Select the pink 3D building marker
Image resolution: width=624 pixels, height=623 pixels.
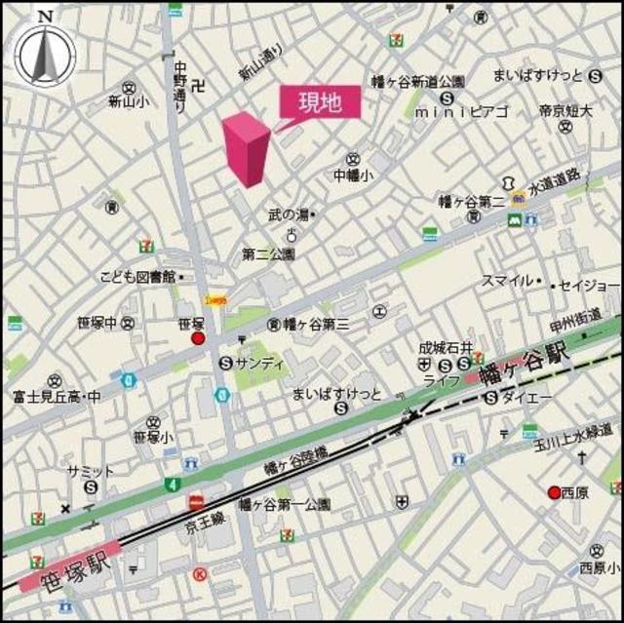click(x=245, y=148)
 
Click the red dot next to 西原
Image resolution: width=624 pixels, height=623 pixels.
click(x=554, y=492)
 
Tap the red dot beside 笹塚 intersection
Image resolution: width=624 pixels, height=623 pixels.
click(x=198, y=338)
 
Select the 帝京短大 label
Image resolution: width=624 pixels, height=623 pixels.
click(x=565, y=111)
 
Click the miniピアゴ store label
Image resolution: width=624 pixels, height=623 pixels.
click(x=461, y=112)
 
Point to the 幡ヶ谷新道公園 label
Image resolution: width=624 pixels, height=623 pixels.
click(x=418, y=82)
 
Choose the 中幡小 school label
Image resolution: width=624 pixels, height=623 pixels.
click(x=352, y=175)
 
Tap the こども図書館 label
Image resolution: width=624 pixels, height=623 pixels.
click(x=136, y=277)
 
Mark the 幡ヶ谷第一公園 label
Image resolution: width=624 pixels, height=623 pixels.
click(x=285, y=504)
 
